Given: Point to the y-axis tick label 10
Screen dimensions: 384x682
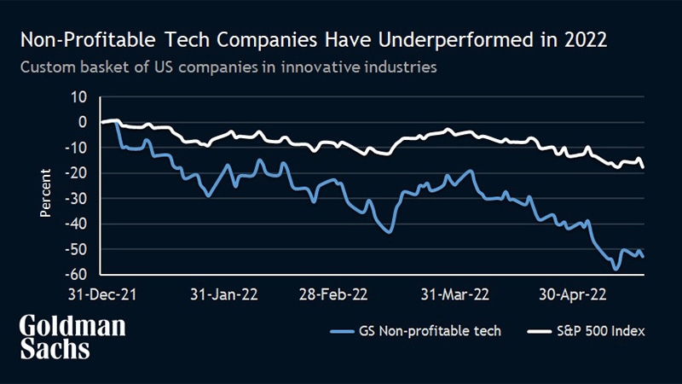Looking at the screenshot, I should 80,96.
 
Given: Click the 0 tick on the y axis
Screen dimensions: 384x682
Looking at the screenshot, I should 84,122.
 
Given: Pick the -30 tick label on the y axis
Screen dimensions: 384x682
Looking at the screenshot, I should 77,198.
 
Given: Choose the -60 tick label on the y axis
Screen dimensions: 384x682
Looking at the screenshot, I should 77,275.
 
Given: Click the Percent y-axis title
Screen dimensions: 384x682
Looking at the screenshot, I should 48,194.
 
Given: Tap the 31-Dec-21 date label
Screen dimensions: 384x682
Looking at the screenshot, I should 103,294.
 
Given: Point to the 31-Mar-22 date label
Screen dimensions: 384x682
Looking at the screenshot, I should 456,294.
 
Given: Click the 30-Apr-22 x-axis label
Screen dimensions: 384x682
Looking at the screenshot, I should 575,294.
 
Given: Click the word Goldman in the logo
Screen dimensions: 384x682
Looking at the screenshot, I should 72,327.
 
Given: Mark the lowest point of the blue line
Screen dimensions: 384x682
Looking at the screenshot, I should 615,269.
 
